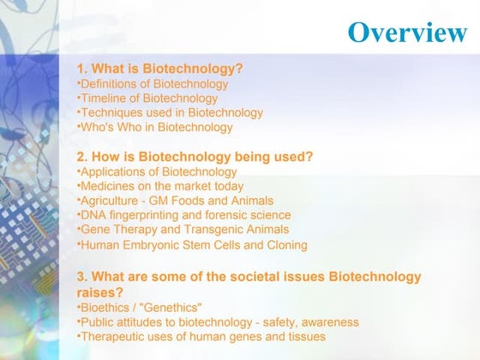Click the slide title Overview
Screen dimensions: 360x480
407,33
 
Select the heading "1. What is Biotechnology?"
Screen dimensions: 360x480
160,69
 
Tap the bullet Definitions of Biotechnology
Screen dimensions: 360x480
153,84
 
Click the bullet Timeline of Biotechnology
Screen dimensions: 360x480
147,99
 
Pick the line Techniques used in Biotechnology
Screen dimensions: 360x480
171,112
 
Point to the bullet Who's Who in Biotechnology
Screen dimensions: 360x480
155,127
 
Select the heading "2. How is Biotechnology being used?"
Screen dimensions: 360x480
195,157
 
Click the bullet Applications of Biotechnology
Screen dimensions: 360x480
157,172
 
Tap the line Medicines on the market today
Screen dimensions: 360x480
160,186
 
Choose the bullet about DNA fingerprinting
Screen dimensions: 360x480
184,215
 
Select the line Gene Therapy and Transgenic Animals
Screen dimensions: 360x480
183,230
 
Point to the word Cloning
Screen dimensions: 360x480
285,245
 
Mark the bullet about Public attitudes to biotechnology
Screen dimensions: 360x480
219,322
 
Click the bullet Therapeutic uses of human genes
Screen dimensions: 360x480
201,337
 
